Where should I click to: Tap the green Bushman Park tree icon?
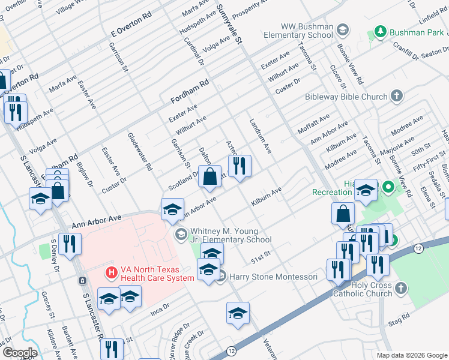(x=379, y=31)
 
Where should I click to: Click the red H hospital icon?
(x=110, y=273)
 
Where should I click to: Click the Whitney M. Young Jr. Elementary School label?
(x=231, y=235)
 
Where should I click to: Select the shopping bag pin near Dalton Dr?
(x=209, y=177)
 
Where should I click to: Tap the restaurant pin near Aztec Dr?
(x=240, y=166)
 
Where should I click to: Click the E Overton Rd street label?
(x=127, y=28)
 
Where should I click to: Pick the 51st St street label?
(x=262, y=257)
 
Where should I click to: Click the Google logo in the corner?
(x=19, y=352)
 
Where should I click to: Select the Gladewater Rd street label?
(x=142, y=152)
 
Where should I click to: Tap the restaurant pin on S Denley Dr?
(x=70, y=244)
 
